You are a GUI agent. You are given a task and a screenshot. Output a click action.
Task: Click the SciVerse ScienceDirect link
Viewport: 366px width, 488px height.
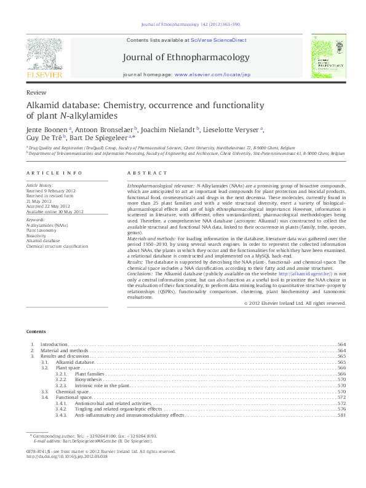click(x=218, y=40)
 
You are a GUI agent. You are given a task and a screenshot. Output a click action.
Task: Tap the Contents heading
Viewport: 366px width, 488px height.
click(x=36, y=331)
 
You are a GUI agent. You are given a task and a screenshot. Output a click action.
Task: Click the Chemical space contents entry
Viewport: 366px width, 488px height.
click(x=72, y=391)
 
